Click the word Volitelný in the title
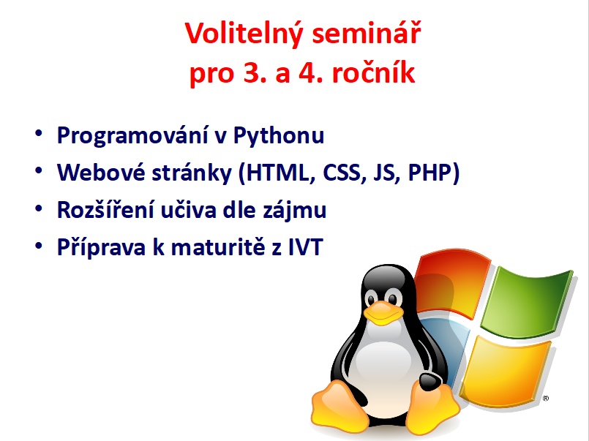pyautogui.click(x=244, y=34)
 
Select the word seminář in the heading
pyautogui.click(x=367, y=33)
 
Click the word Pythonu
pyautogui.click(x=278, y=135)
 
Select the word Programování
pyautogui.click(x=132, y=135)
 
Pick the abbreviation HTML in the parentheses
pyautogui.click(x=280, y=173)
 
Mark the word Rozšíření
pyautogui.click(x=105, y=209)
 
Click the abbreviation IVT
pyautogui.click(x=306, y=247)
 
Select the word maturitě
pyautogui.click(x=218, y=247)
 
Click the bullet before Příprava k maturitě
pyautogui.click(x=39, y=246)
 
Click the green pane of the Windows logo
pyautogui.click(x=528, y=301)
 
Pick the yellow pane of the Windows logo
pyautogui.click(x=505, y=371)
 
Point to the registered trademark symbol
pyautogui.click(x=545, y=398)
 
